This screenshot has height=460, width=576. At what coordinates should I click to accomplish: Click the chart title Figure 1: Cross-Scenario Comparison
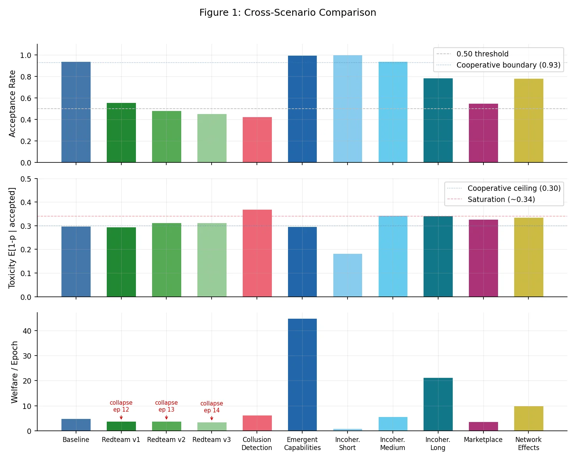click(288, 13)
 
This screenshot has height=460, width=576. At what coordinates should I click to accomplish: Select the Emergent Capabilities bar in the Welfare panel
click(302, 374)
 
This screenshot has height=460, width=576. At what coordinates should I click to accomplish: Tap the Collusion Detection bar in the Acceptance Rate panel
click(257, 140)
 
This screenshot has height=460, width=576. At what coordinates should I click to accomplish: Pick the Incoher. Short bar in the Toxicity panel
click(348, 275)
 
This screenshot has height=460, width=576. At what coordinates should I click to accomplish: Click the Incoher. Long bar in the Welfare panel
click(438, 404)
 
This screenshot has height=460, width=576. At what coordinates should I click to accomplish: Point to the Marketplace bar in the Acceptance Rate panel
click(483, 133)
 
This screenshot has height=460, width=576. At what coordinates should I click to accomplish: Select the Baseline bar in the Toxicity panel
click(76, 261)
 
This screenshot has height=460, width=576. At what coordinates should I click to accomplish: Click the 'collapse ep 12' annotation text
click(121, 406)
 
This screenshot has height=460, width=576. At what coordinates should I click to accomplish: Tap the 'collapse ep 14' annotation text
click(212, 407)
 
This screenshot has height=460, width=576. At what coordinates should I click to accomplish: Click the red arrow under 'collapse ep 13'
click(166, 417)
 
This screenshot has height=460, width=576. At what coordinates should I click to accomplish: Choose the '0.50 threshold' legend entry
click(482, 54)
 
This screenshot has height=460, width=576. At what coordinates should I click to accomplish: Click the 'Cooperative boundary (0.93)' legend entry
click(508, 65)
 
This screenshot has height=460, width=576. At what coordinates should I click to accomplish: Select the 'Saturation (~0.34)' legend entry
click(501, 199)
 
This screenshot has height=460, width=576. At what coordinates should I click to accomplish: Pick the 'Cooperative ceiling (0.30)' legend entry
click(514, 188)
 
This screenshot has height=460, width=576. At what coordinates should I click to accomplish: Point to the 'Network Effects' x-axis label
click(528, 443)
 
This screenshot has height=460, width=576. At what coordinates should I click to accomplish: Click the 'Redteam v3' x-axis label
click(212, 440)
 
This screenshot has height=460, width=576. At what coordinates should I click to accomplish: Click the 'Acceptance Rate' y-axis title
click(12, 104)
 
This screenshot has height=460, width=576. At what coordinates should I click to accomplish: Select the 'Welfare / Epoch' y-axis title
click(15, 372)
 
